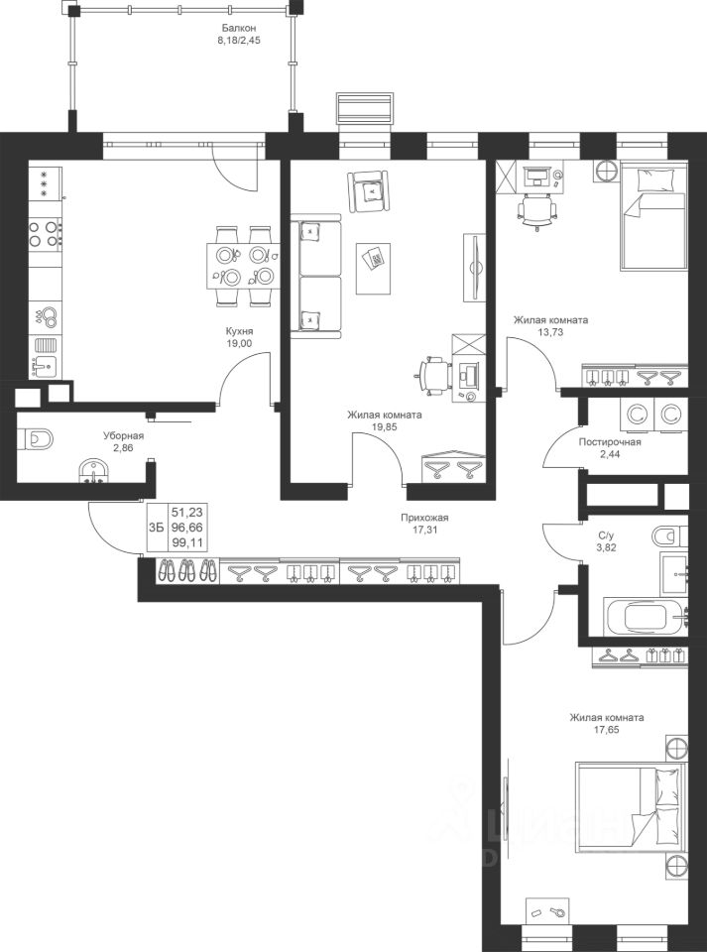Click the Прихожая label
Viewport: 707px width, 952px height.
424,518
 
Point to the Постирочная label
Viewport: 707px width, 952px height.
609,442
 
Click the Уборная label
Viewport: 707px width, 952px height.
123,436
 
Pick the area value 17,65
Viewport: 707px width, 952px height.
607,729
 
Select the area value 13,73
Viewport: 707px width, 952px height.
550,331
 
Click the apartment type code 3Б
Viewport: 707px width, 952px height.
156,528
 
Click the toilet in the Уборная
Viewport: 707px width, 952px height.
36,438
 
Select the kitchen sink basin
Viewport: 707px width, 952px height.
45,366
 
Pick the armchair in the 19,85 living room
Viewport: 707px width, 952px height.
367,191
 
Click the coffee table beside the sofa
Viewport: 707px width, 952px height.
373,269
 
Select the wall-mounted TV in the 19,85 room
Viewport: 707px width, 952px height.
475,267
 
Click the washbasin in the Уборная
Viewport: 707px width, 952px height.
94,470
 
